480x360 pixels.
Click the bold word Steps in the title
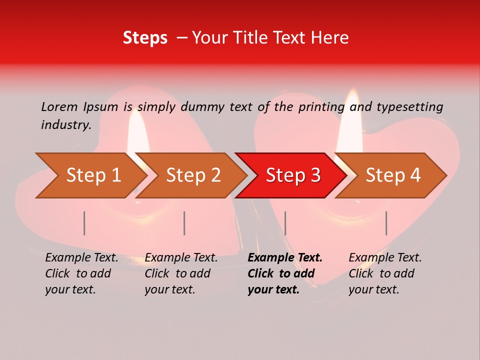(145, 38)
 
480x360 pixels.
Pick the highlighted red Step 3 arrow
(293, 175)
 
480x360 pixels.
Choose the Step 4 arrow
(393, 175)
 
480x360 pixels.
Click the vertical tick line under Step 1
(84, 223)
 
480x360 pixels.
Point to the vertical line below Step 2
(184, 223)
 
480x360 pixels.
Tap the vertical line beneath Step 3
(285, 223)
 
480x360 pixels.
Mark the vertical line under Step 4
(386, 223)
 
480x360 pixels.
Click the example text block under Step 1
(81, 273)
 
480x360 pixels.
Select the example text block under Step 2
(181, 273)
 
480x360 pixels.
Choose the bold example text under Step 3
(285, 273)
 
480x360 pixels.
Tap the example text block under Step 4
(385, 273)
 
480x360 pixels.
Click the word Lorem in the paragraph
(59, 106)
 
